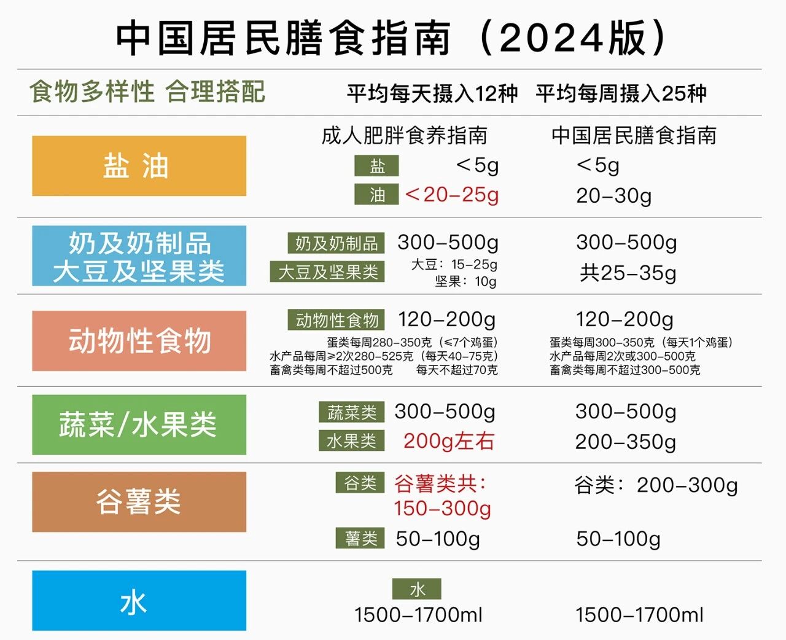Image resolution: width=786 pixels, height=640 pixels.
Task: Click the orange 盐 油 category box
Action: pyautogui.click(x=139, y=166)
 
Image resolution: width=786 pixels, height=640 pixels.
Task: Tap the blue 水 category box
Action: pyautogui.click(x=139, y=601)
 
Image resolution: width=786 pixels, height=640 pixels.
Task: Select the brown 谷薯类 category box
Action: pyautogui.click(x=139, y=502)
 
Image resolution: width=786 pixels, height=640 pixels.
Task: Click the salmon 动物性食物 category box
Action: pyautogui.click(x=139, y=341)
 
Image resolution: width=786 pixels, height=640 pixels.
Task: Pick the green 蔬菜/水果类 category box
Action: pyautogui.click(x=139, y=424)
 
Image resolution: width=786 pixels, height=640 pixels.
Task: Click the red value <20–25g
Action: pyautogui.click(x=452, y=195)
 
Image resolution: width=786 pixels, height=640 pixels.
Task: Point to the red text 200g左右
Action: pyautogui.click(x=449, y=441)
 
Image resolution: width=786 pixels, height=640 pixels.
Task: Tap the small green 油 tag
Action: pyautogui.click(x=376, y=195)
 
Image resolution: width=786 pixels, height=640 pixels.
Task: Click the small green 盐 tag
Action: pyautogui.click(x=376, y=166)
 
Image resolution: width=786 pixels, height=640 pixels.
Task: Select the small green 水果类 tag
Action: pyautogui.click(x=351, y=440)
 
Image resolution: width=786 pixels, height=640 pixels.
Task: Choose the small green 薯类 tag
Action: pyautogui.click(x=360, y=538)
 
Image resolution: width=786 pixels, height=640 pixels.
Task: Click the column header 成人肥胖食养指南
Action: pyautogui.click(x=404, y=136)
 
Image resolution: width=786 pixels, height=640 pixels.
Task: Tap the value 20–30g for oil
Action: pyautogui.click(x=613, y=196)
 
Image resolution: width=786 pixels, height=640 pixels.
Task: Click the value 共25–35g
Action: pyautogui.click(x=628, y=273)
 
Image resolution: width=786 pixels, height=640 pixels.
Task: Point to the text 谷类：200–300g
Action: pyautogui.click(x=656, y=485)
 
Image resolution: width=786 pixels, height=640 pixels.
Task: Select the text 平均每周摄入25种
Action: pyautogui.click(x=621, y=93)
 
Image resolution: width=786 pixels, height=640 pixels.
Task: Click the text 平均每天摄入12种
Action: pyautogui.click(x=432, y=93)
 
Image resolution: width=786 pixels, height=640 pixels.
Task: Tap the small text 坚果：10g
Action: pyautogui.click(x=465, y=281)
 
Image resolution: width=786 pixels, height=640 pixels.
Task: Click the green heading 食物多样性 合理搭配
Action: pyautogui.click(x=147, y=92)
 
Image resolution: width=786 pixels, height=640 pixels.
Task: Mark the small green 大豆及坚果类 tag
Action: pyautogui.click(x=327, y=271)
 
